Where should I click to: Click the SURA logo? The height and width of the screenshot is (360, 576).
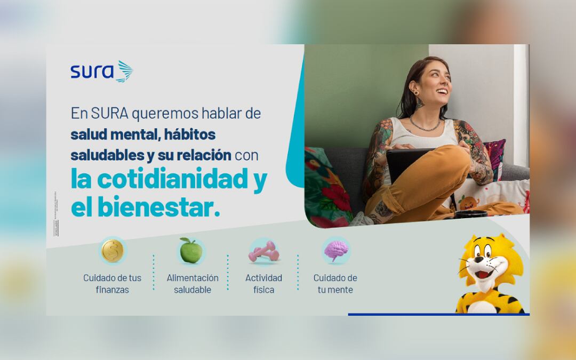tap(101, 71)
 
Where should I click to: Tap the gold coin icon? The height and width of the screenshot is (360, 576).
tap(113, 251)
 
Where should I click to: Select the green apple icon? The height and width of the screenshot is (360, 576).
tap(190, 251)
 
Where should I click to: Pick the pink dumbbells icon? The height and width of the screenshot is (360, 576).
tap(263, 251)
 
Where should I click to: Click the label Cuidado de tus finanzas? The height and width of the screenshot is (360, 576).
tap(113, 284)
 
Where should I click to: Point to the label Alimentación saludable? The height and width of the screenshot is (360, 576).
tap(193, 284)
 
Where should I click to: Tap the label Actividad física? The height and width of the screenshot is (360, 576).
tap(263, 284)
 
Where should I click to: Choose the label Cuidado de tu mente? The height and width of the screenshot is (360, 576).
tap(335, 284)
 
